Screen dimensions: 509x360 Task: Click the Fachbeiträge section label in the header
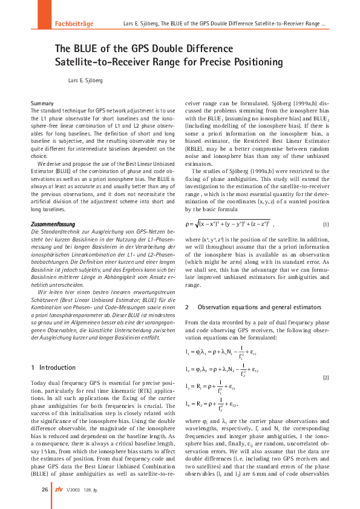point(74,24)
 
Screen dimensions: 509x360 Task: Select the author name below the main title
point(85,79)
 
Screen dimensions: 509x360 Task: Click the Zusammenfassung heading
point(53,224)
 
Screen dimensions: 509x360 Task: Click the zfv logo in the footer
point(58,489)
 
